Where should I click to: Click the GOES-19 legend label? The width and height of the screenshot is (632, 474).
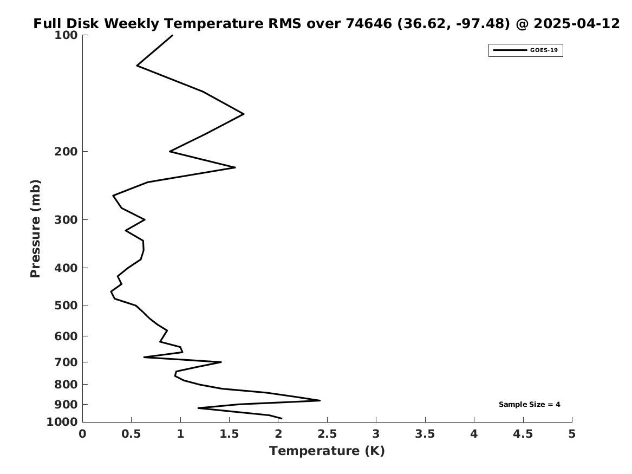click(x=544, y=50)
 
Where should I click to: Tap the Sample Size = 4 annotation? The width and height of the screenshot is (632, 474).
click(x=529, y=404)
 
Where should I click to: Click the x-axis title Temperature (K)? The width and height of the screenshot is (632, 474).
click(x=327, y=451)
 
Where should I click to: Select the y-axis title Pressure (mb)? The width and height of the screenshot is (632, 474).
click(x=35, y=229)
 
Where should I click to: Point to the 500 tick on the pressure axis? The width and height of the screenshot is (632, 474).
click(x=66, y=306)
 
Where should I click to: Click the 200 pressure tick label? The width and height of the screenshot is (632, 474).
click(x=66, y=152)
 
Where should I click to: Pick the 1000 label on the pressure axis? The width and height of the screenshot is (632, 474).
click(x=62, y=422)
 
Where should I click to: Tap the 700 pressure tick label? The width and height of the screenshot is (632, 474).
click(x=66, y=362)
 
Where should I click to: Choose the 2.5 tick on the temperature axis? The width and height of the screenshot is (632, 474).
click(x=327, y=434)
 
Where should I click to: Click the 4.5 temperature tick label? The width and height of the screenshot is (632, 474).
click(x=523, y=434)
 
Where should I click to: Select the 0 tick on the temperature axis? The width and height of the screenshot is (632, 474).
click(x=83, y=434)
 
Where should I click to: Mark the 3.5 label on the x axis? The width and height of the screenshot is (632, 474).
click(x=425, y=434)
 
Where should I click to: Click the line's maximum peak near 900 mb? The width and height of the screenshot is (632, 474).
click(x=320, y=400)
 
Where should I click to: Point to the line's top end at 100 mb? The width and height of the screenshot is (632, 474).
click(x=173, y=35)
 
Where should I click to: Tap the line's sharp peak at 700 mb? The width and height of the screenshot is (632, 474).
click(x=221, y=362)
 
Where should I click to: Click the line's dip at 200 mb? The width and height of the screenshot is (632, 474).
click(x=170, y=152)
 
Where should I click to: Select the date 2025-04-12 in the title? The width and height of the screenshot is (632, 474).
click(x=576, y=24)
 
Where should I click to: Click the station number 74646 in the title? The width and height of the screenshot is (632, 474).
click(x=369, y=24)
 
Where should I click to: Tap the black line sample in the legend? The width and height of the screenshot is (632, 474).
click(x=510, y=50)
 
